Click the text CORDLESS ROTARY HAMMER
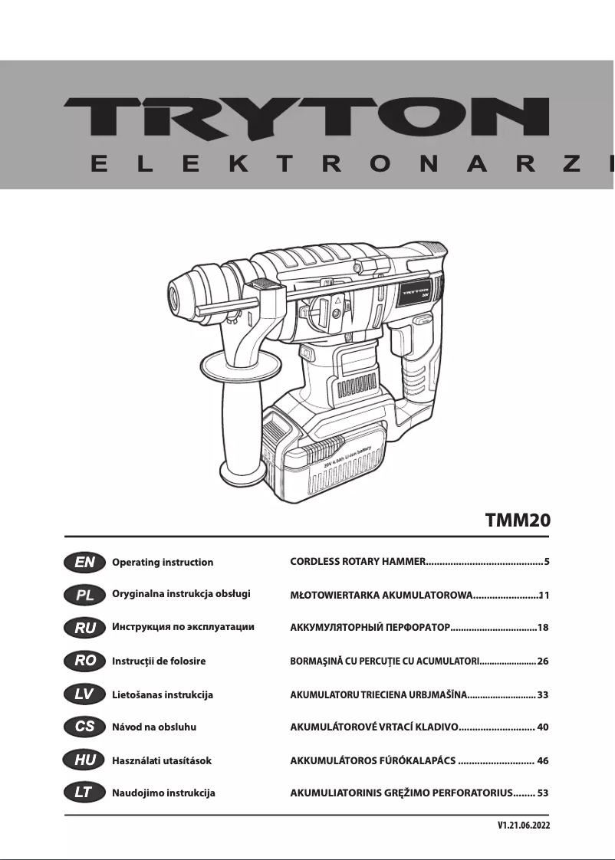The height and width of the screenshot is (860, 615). click(x=357, y=562)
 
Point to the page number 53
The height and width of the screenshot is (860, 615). click(x=543, y=793)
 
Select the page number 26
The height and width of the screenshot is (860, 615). click(x=543, y=661)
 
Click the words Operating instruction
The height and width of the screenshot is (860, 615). click(x=163, y=563)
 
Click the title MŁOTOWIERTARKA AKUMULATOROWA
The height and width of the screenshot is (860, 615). click(x=380, y=595)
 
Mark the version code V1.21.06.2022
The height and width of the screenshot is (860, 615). click(x=524, y=826)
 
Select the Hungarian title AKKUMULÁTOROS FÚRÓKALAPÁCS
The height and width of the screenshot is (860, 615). click(x=373, y=760)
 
